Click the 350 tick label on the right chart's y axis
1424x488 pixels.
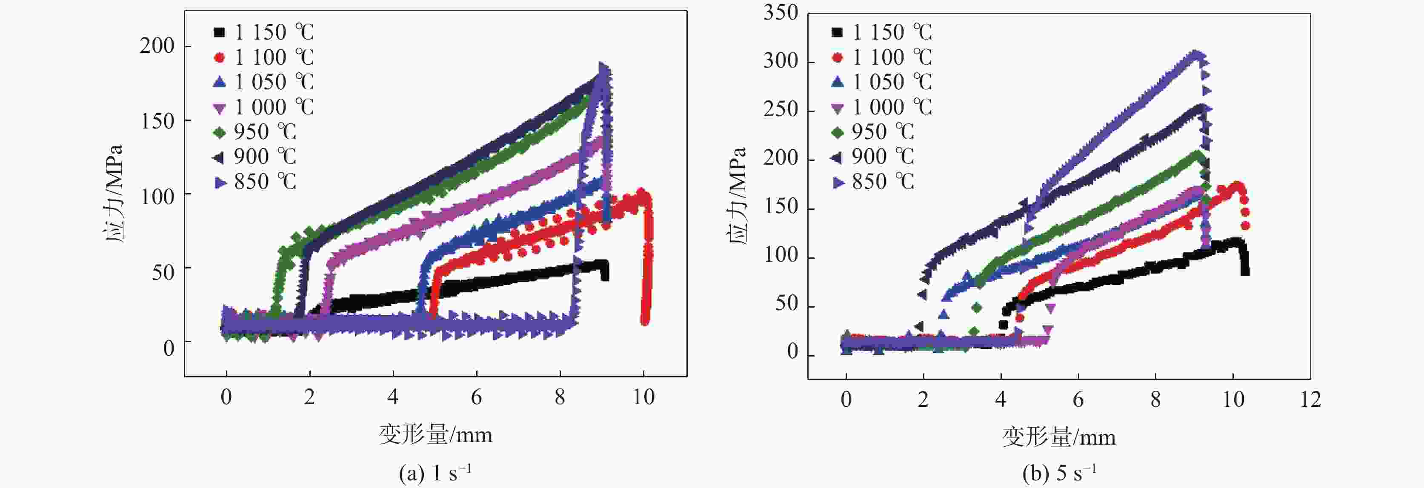coord(781,12)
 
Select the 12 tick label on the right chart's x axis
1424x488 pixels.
coord(1310,399)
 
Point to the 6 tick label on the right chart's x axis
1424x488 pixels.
coord(1078,399)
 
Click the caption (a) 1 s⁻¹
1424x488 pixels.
coord(435,473)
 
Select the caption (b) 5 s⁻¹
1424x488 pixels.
coord(1058,473)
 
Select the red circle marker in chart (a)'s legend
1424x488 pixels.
coord(220,57)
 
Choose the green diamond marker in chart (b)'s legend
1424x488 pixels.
coord(838,131)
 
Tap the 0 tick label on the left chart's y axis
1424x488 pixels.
coord(169,348)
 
